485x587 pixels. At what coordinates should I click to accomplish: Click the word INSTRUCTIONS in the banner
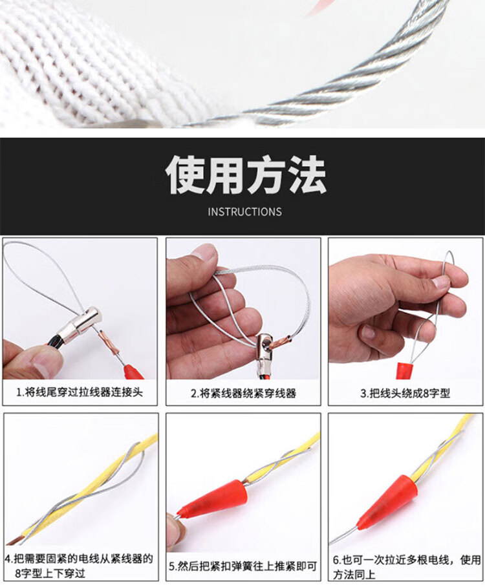click(x=244, y=211)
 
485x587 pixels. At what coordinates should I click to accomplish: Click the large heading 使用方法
click(x=246, y=175)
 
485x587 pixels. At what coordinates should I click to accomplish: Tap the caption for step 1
click(x=80, y=392)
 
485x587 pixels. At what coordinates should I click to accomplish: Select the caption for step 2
click(x=243, y=393)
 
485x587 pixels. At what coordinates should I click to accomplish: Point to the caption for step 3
click(x=405, y=393)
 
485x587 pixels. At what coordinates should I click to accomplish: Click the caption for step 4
click(x=80, y=565)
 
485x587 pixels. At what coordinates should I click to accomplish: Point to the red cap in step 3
click(x=404, y=371)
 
